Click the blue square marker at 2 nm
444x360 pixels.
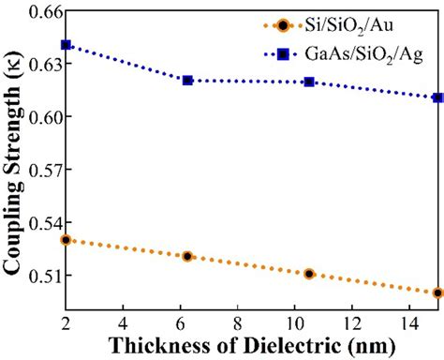[x=66, y=45]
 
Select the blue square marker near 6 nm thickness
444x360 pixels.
[x=187, y=81]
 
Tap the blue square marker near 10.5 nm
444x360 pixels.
[x=309, y=82]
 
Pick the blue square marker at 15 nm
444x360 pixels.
[x=438, y=97]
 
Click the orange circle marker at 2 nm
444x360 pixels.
[x=66, y=240]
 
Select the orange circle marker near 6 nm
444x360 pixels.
[x=187, y=256]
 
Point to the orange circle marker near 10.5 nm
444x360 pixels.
[x=309, y=274]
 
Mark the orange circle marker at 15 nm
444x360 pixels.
[x=438, y=292]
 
